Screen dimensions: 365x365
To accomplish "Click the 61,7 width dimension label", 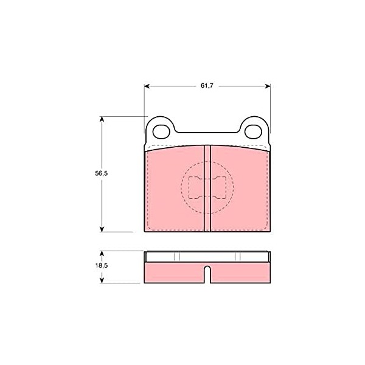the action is (x=207, y=86).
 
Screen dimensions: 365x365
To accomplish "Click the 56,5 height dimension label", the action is (x=101, y=173).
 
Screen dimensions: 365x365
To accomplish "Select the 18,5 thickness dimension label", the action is (x=102, y=265).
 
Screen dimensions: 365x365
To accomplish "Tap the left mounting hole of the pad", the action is (x=161, y=131).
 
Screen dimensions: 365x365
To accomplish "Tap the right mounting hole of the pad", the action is (x=253, y=131).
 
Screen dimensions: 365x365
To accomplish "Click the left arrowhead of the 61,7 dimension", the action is (x=147, y=86).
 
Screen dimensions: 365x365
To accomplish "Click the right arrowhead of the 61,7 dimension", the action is (x=268, y=86).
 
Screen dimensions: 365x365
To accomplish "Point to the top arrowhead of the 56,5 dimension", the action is (x=102, y=119).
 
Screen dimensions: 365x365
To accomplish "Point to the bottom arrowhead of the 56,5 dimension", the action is (x=102, y=229).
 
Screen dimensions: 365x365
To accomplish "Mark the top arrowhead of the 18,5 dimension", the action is (x=102, y=254).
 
